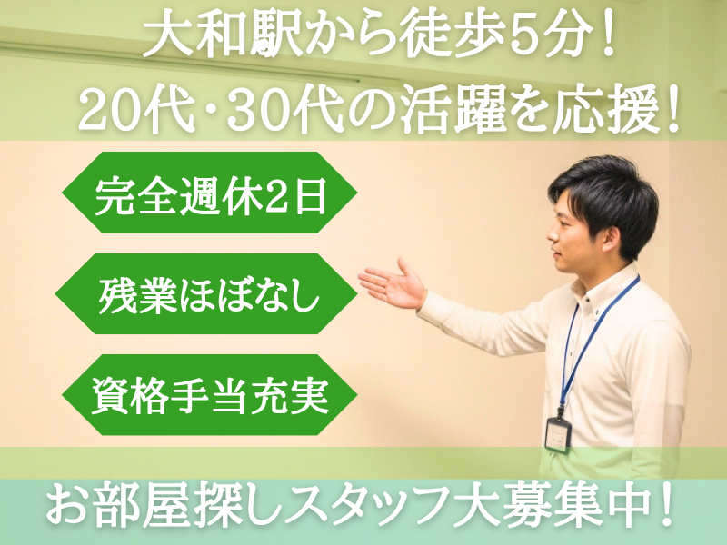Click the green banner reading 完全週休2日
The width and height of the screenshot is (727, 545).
click(209, 193)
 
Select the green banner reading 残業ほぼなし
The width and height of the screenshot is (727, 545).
click(209, 294)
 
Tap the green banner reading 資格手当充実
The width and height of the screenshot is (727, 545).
click(209, 395)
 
